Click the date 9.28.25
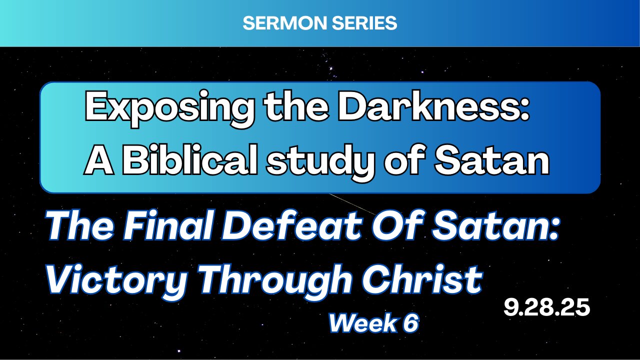click(546, 307)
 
